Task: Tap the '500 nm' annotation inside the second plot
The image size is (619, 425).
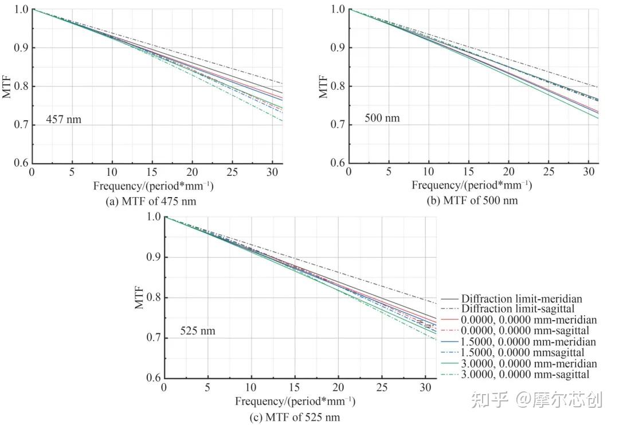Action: click(x=382, y=119)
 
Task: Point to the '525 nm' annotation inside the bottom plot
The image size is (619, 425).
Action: click(x=198, y=330)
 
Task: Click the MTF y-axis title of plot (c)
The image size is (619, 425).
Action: click(x=139, y=298)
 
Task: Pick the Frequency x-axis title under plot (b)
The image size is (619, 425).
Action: click(x=471, y=186)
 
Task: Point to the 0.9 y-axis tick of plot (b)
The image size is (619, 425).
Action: click(x=338, y=48)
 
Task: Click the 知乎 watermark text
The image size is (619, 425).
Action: click(x=489, y=399)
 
